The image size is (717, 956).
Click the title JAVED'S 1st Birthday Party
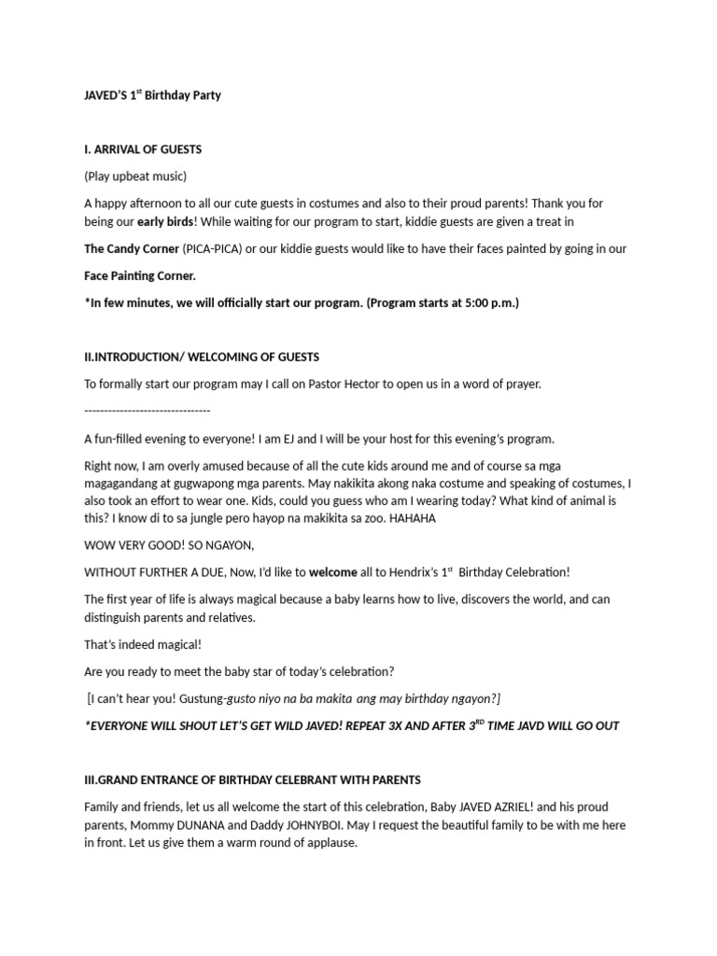point(152,95)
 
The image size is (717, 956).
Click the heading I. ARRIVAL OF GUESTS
point(143,149)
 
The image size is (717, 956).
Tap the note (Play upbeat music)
point(135,176)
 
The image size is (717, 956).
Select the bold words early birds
point(165,221)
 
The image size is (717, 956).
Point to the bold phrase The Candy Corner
point(131,249)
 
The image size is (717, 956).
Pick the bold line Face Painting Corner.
point(140,276)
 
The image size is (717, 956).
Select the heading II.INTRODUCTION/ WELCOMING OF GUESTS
point(202,357)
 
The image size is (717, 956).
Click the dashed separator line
point(148,411)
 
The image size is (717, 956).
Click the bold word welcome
point(333,571)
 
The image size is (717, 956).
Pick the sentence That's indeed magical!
point(143,644)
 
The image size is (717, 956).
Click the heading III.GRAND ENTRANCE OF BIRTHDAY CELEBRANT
point(252,780)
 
